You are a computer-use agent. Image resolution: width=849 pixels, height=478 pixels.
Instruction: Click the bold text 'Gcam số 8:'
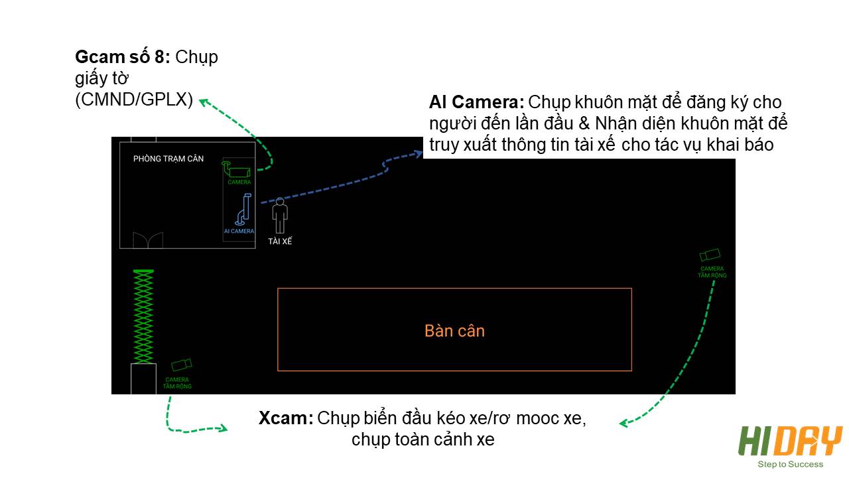pyautogui.click(x=123, y=57)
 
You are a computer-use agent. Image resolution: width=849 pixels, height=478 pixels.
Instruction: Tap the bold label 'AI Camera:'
pyautogui.click(x=476, y=102)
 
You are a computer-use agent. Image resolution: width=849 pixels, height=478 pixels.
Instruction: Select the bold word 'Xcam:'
pyautogui.click(x=286, y=418)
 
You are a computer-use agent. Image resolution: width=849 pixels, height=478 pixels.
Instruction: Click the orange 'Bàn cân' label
pyautogui.click(x=454, y=331)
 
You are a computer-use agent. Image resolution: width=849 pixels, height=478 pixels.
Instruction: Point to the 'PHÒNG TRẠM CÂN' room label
pyautogui.click(x=168, y=159)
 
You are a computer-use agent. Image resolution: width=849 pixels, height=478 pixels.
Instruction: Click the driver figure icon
pyautogui.click(x=280, y=216)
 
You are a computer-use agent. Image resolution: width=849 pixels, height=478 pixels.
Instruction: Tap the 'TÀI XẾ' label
pyautogui.click(x=280, y=241)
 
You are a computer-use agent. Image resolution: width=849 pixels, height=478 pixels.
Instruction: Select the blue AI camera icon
pyautogui.click(x=243, y=209)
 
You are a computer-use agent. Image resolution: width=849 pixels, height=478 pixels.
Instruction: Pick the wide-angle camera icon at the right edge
pyautogui.click(x=710, y=254)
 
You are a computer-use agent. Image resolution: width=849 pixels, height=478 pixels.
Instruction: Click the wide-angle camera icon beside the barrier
pyautogui.click(x=182, y=365)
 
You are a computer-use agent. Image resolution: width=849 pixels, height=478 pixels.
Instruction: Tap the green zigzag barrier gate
pyautogui.click(x=143, y=316)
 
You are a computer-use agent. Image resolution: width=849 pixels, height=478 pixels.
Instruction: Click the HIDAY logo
pyautogui.click(x=790, y=441)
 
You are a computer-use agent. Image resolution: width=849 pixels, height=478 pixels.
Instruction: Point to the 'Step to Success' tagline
pyautogui.click(x=790, y=464)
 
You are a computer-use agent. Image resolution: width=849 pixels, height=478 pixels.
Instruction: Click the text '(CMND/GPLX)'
pyautogui.click(x=134, y=100)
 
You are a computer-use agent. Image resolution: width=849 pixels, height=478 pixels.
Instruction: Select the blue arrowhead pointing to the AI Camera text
pyautogui.click(x=419, y=153)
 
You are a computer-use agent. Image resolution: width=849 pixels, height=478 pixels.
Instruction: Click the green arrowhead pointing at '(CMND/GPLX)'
pyautogui.click(x=204, y=102)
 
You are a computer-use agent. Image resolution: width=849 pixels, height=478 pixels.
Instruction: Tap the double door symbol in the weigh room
pyautogui.click(x=148, y=240)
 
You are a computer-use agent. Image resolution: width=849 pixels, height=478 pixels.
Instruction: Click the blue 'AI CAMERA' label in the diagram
pyautogui.click(x=239, y=231)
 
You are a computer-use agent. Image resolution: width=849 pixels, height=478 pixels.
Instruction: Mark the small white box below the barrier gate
pyautogui.click(x=143, y=378)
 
